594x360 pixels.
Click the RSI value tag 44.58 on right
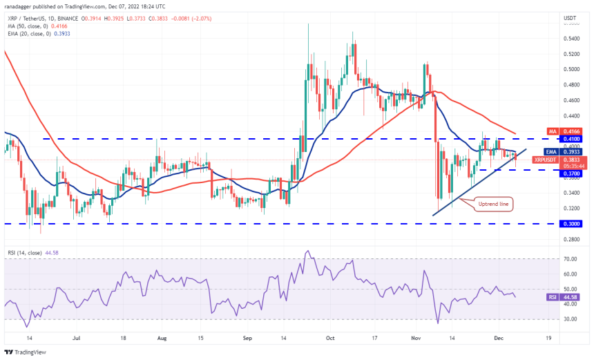569,296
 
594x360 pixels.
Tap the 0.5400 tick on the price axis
571,39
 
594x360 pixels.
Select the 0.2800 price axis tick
571,240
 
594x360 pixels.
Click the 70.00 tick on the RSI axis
570,258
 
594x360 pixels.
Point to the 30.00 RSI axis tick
570,319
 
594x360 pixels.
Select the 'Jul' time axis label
76,339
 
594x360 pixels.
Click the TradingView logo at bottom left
28,352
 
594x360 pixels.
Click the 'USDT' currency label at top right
570,17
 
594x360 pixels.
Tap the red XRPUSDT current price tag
546,160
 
